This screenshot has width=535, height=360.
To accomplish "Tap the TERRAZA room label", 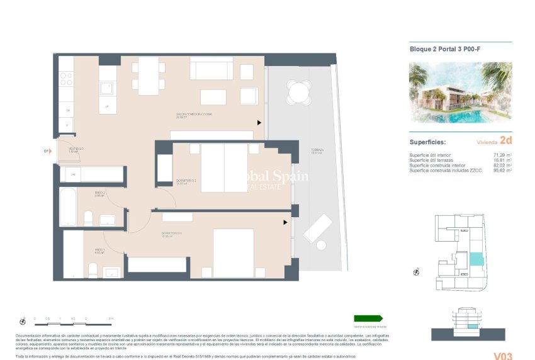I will point(317,151).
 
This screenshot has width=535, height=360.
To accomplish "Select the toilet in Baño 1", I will point(93,271).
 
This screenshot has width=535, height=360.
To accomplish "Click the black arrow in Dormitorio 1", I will point(285,222).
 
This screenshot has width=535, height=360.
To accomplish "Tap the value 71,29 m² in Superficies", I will point(502,155).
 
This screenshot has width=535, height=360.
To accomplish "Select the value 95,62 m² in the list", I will point(502,171).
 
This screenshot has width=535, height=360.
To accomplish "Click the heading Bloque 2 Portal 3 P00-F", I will point(441,50).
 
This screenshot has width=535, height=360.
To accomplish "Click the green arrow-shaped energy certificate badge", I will point(368,319).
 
